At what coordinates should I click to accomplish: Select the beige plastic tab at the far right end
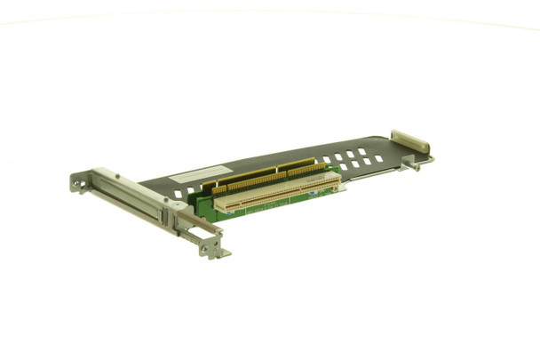coord(409,141)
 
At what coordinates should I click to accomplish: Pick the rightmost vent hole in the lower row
coord(379,159)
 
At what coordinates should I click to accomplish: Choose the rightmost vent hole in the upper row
coord(362,152)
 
